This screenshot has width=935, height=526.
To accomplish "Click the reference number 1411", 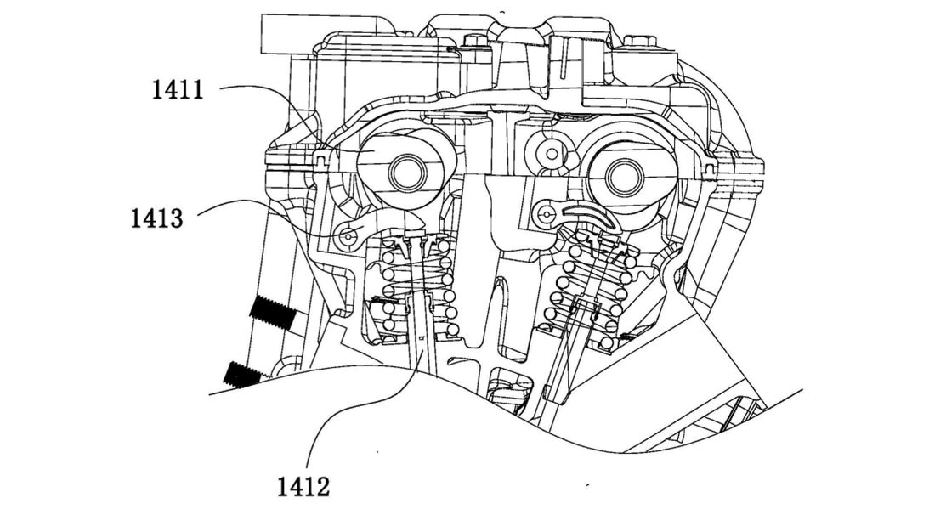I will pos(178,89).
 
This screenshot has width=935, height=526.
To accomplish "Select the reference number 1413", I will pos(156,218).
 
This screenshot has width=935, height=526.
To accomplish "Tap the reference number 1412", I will pos(303,487).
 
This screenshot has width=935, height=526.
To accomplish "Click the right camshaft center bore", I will pos(623,177).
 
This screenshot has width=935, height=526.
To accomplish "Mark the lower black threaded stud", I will pos(246,373).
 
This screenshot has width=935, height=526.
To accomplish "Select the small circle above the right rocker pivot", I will pos(552,153).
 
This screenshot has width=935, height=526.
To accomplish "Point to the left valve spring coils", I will pos(416,285).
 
